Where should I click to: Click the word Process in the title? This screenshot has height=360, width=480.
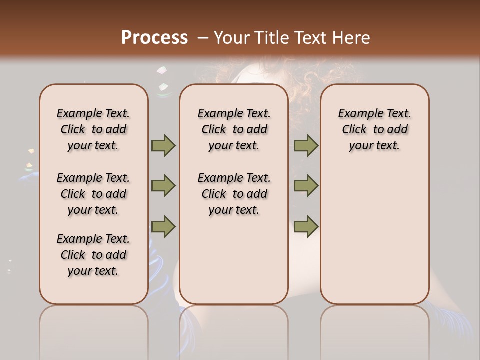154,38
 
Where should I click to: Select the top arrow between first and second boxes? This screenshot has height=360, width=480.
163,145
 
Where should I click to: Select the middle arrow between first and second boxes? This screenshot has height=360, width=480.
163,186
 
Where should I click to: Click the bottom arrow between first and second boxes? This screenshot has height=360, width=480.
163,226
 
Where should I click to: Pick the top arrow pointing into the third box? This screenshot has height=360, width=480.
306,145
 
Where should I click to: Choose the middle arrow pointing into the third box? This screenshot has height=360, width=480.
306,186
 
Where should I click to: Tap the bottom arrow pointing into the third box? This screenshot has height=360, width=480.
306,226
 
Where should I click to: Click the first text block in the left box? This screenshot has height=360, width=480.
93,129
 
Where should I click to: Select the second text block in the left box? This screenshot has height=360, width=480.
93,194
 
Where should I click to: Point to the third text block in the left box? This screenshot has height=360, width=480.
93,255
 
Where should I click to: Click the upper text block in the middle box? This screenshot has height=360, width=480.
234,129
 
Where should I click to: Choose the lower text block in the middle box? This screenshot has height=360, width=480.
234,194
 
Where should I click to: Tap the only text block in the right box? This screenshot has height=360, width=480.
374,129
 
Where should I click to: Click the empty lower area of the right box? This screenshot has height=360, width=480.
374,235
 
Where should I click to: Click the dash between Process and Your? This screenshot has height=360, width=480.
202,38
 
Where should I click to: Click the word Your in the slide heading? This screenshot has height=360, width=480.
231,38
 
